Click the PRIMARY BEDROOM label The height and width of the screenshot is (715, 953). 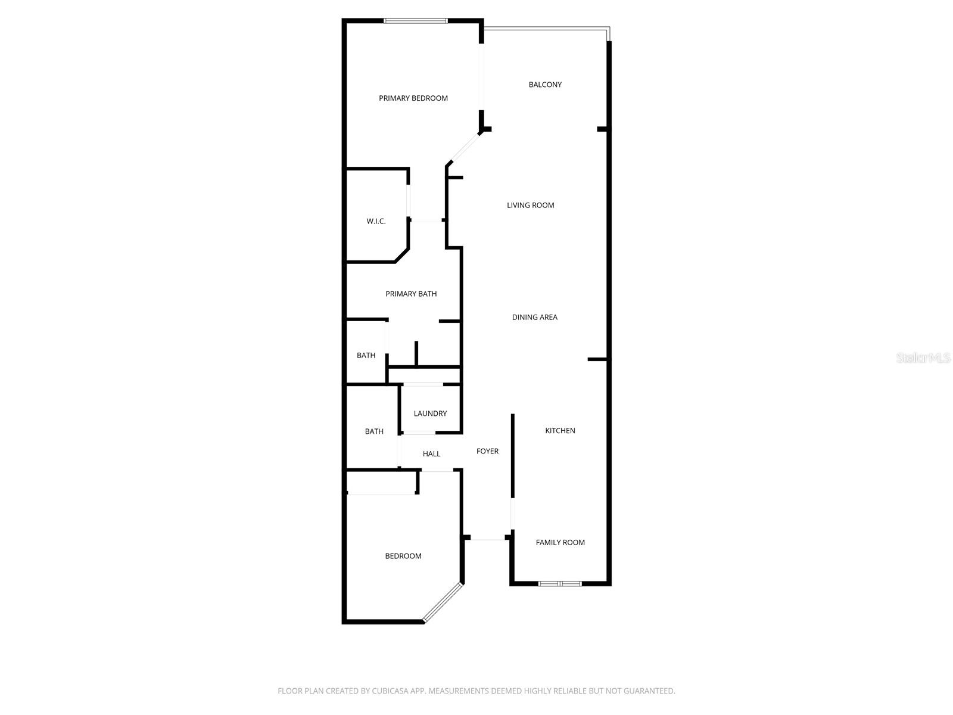point(413,98)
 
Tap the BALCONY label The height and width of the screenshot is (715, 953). point(545,85)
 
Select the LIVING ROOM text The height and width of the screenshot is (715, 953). point(530,205)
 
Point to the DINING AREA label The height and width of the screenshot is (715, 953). point(534,317)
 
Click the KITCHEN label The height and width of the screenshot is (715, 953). point(560,431)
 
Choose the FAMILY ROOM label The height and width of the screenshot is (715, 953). point(560,542)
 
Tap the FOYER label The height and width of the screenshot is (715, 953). point(487,451)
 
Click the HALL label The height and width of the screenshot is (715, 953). point(431,454)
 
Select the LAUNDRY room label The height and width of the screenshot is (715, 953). point(430,414)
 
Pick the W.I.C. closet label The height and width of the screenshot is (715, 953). point(376,221)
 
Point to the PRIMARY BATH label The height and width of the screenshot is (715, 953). point(411,294)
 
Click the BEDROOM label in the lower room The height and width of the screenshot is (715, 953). point(403,556)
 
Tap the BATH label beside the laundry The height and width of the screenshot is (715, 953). point(374,431)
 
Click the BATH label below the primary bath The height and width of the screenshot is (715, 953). point(366,356)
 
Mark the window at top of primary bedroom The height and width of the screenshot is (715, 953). point(415,21)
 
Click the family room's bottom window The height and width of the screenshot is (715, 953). point(560,583)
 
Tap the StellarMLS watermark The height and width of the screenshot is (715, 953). point(923,358)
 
